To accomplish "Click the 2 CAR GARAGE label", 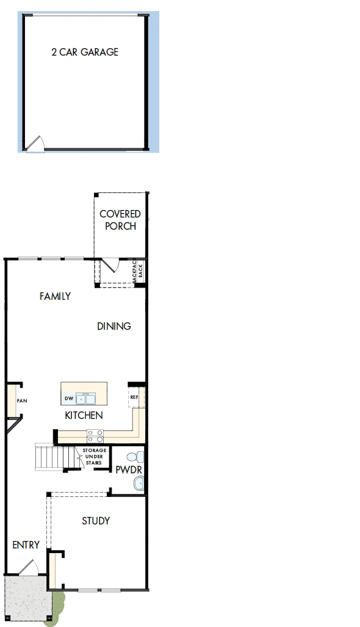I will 85,53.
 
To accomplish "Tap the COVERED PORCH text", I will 120,220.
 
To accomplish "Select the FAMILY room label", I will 55,297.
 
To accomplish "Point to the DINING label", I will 114,326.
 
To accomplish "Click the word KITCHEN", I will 84,416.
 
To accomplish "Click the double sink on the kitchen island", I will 85,399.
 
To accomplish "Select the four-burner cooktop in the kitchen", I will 95,436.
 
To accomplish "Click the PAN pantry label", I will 22,401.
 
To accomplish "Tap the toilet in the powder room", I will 138,457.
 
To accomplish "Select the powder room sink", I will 139,484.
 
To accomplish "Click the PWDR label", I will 126,470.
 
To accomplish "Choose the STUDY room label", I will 96,521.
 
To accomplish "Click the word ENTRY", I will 26,545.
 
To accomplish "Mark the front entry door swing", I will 29,567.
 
